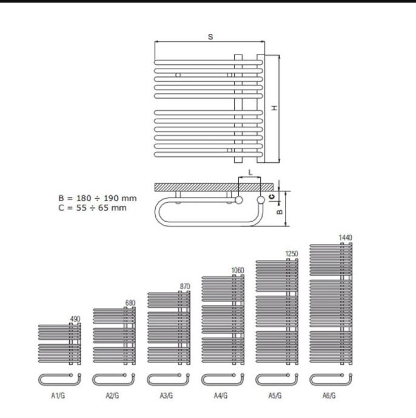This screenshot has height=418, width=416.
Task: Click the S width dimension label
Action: [210, 37]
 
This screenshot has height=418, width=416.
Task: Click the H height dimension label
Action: [275, 108]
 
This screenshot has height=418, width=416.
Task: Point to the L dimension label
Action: [250, 173]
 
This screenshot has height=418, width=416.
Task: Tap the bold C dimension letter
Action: [272, 197]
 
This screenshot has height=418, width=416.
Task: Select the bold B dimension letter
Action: [280, 211]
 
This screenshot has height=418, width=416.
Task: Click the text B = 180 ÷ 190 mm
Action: [98, 198]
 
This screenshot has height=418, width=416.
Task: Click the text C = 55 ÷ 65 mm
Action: [92, 208]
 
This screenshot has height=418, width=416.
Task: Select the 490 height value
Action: [75, 319]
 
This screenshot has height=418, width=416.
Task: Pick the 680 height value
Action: [130, 303]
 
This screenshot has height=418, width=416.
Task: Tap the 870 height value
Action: [185, 287]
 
